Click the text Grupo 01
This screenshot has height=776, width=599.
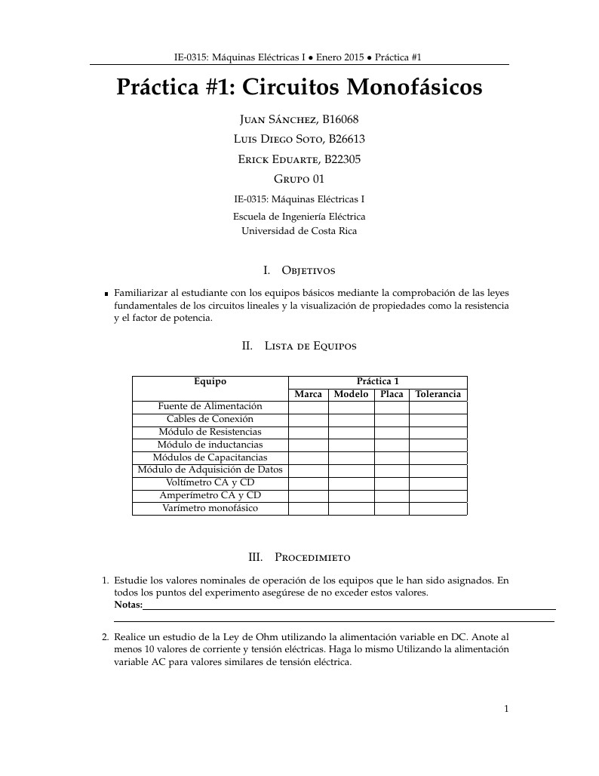coord(299,179)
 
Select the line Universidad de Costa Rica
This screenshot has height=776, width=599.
coord(299,231)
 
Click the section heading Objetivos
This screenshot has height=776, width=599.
coord(308,270)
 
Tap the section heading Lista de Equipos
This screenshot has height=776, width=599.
coord(310,346)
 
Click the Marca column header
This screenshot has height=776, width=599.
coord(308,395)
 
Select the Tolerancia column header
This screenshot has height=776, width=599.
coord(438,395)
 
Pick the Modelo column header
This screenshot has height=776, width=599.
coord(351,395)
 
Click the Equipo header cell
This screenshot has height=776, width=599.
coord(210,382)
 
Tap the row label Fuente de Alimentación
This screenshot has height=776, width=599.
coord(210,407)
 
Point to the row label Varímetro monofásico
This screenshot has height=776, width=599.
coord(210,508)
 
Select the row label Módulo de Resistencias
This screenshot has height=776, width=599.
coord(210,432)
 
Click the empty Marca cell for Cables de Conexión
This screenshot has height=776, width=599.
coord(308,420)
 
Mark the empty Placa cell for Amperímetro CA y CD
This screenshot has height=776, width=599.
coord(392,496)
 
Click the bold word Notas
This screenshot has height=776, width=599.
coord(127,605)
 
